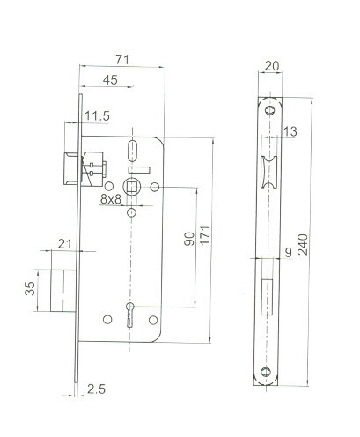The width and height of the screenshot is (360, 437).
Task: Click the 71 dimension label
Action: (122, 60)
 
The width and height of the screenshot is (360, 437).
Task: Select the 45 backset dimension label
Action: (110, 80)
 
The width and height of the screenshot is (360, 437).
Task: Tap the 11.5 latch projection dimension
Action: (98, 116)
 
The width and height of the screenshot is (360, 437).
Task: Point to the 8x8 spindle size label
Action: (111, 199)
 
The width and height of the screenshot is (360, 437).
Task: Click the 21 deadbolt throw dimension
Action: (64, 244)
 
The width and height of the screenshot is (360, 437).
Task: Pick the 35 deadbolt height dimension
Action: (30, 288)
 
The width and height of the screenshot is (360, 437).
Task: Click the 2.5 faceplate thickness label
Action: (96, 389)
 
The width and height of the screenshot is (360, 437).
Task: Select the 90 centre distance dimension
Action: (189, 239)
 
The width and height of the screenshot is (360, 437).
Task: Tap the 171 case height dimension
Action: (205, 235)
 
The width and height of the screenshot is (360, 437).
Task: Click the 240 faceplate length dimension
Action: (303, 244)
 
